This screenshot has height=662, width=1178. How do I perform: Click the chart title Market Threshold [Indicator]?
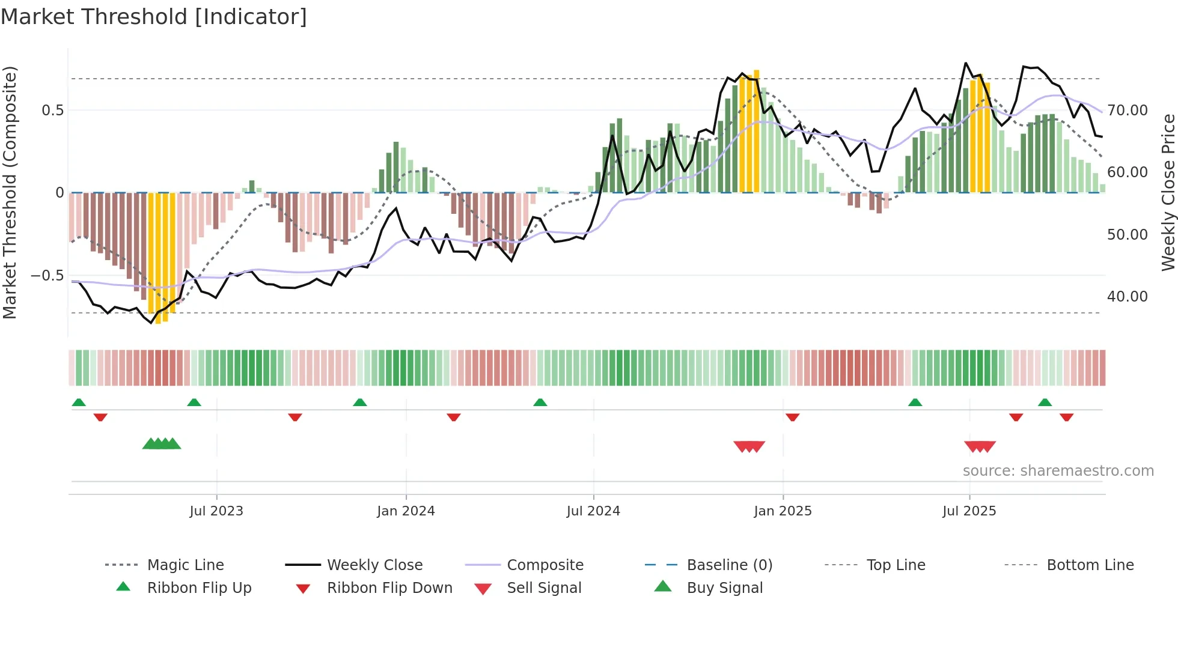(154, 17)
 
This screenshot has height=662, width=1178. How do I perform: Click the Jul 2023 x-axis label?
(216, 511)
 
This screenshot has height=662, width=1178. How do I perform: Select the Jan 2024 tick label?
(406, 511)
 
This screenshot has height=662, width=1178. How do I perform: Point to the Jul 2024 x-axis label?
(593, 511)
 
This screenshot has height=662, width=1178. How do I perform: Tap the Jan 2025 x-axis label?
(783, 511)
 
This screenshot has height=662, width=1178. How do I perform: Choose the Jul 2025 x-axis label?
(969, 511)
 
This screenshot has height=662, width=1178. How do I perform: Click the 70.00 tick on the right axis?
(1128, 111)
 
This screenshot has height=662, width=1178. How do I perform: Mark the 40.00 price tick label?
(1128, 297)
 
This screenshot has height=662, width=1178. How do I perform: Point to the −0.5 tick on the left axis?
(47, 276)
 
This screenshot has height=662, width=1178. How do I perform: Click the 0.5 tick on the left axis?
(52, 111)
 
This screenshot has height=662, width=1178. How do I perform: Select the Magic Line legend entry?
(185, 565)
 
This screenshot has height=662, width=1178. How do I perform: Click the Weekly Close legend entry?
(374, 565)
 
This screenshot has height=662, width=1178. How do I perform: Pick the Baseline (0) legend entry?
(729, 565)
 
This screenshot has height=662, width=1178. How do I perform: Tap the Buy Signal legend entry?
(724, 588)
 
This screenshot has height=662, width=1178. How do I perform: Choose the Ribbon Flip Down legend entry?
(389, 588)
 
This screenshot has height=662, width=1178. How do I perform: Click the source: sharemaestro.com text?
(1058, 471)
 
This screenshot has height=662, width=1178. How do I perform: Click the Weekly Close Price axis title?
(1168, 192)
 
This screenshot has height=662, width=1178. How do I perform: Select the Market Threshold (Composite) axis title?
(10, 192)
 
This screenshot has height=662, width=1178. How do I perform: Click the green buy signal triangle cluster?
(162, 444)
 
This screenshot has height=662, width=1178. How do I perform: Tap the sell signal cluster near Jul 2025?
(980, 446)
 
